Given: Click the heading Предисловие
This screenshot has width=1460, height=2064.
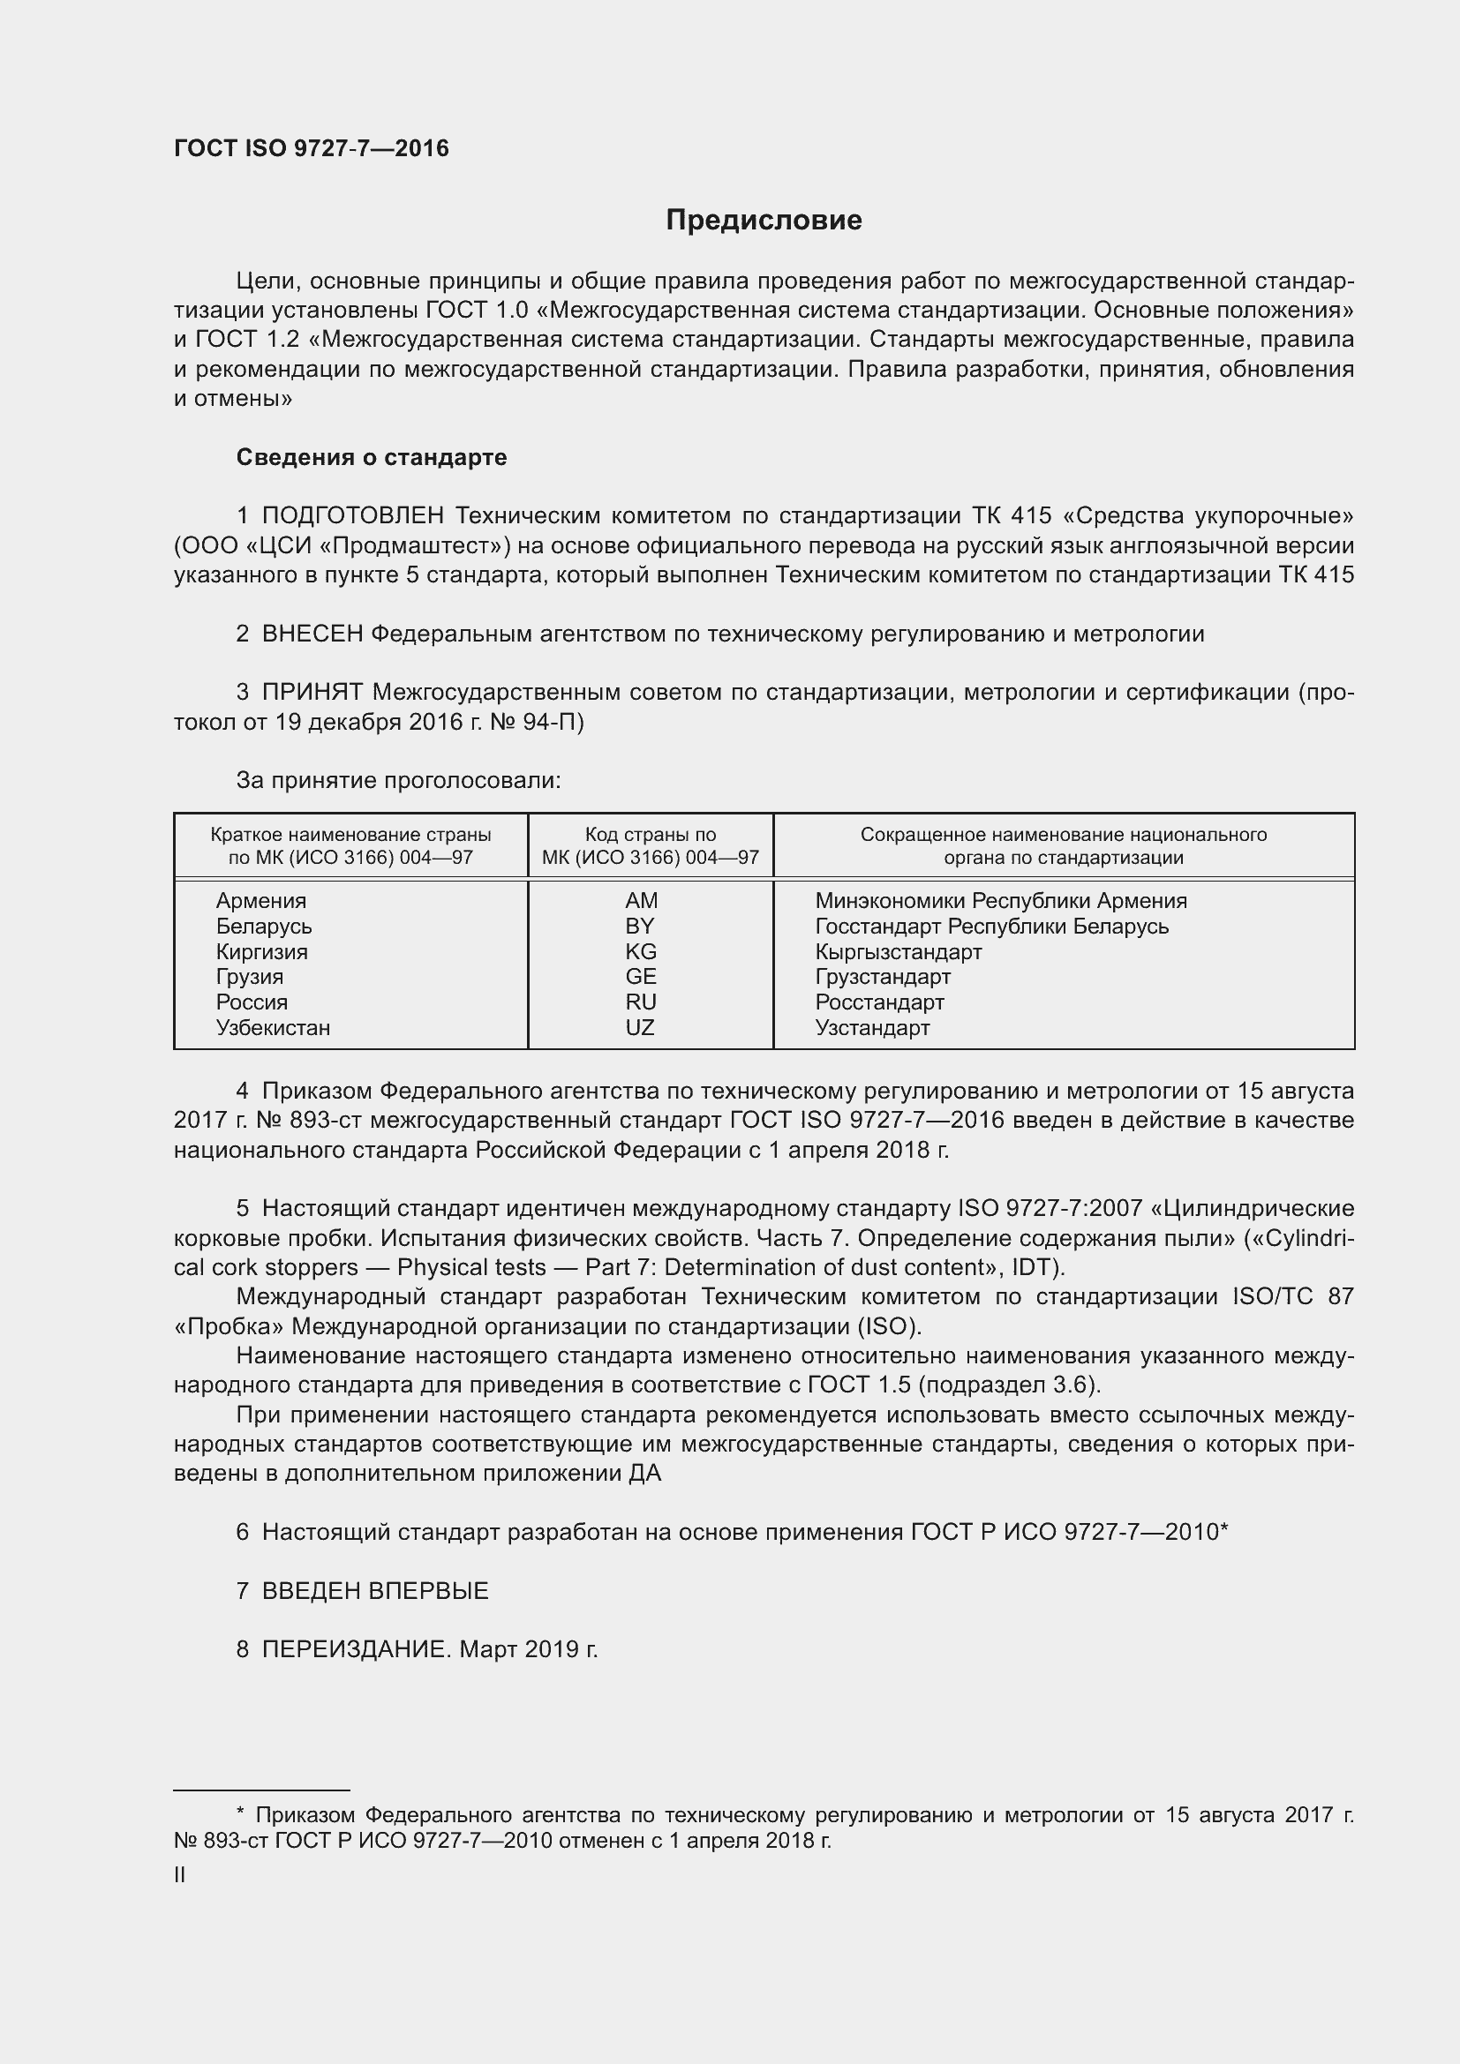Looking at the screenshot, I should pyautogui.click(x=764, y=221).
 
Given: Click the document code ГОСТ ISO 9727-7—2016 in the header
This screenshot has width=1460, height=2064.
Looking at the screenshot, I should pyautogui.click(x=311, y=148).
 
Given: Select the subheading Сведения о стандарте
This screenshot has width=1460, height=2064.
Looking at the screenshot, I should pyautogui.click(x=372, y=458).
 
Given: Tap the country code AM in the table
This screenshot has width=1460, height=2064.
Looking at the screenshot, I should pyautogui.click(x=641, y=901).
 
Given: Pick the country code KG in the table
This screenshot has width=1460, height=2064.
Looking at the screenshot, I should pyautogui.click(x=641, y=951).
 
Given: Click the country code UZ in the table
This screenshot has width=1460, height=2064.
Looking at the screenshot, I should pyautogui.click(x=640, y=1027).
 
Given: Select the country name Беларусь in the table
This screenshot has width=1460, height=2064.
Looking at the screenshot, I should pyautogui.click(x=263, y=926).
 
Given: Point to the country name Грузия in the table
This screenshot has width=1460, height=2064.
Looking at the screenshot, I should pyautogui.click(x=249, y=976).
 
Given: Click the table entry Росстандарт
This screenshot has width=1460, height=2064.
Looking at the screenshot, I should pyautogui.click(x=879, y=1002).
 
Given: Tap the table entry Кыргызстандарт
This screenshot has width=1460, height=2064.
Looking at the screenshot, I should pyautogui.click(x=898, y=951).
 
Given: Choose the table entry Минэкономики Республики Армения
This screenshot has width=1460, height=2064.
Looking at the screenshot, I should pyautogui.click(x=1001, y=901).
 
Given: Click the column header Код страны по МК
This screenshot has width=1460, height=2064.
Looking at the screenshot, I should pyautogui.click(x=650, y=846).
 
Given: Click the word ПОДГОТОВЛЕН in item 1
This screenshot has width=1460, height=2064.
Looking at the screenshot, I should pyautogui.click(x=352, y=516).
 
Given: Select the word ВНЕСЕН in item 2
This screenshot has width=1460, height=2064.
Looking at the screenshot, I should pyautogui.click(x=312, y=634).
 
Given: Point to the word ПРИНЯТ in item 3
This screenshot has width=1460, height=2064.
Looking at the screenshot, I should pyautogui.click(x=312, y=692).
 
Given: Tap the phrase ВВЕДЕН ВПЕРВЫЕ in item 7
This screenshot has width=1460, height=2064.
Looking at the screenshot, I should pyautogui.click(x=375, y=1591).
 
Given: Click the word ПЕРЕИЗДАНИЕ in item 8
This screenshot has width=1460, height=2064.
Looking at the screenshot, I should pyautogui.click(x=354, y=1649).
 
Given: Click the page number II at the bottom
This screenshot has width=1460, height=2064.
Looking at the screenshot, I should pyautogui.click(x=180, y=1875).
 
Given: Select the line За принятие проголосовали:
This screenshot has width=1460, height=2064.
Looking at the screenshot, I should pyautogui.click(x=398, y=780).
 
